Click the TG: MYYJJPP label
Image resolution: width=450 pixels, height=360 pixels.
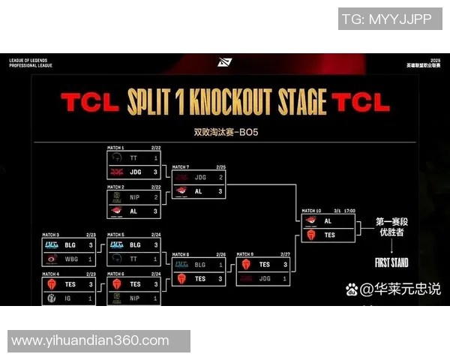[x=386, y=19]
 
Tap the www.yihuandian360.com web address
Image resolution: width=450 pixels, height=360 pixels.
[x=90, y=340]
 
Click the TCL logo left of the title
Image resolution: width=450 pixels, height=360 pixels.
[x=90, y=103]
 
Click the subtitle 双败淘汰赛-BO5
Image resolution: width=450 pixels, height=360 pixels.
[x=226, y=132]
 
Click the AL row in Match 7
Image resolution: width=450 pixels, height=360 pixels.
[x=199, y=191]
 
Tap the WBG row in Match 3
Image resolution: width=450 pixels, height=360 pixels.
[x=69, y=259]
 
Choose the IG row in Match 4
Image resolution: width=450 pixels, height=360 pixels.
[x=69, y=298]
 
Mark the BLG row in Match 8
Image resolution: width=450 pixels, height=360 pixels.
[x=199, y=265]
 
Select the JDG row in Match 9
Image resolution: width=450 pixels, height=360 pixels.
[x=264, y=278]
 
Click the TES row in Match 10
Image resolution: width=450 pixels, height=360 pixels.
[x=328, y=235]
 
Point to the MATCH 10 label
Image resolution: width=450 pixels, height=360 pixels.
[x=310, y=211]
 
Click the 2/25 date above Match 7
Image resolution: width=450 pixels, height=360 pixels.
[x=221, y=166]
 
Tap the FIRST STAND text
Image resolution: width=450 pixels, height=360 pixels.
[x=391, y=262]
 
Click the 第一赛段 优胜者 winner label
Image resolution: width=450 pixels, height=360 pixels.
[x=391, y=228]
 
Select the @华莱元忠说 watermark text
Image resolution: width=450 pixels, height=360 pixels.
[x=400, y=289]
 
